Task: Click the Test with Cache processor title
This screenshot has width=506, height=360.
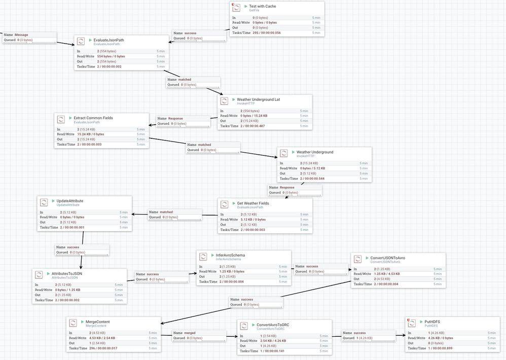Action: point(263,6)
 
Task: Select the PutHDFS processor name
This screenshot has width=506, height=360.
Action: point(432,321)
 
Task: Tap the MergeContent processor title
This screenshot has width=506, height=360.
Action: point(97,321)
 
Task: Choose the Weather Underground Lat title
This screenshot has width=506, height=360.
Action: point(258,99)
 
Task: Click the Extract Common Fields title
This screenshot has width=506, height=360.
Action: point(93,118)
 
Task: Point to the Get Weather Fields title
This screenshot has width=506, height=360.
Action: point(253,203)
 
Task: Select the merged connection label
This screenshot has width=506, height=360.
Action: point(190,333)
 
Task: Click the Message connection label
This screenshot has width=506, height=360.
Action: point(21,35)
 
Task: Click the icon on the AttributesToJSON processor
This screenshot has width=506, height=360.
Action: point(39,274)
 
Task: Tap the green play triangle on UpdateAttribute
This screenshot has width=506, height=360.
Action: point(53,201)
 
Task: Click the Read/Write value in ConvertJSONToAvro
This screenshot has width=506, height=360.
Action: point(387,274)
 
